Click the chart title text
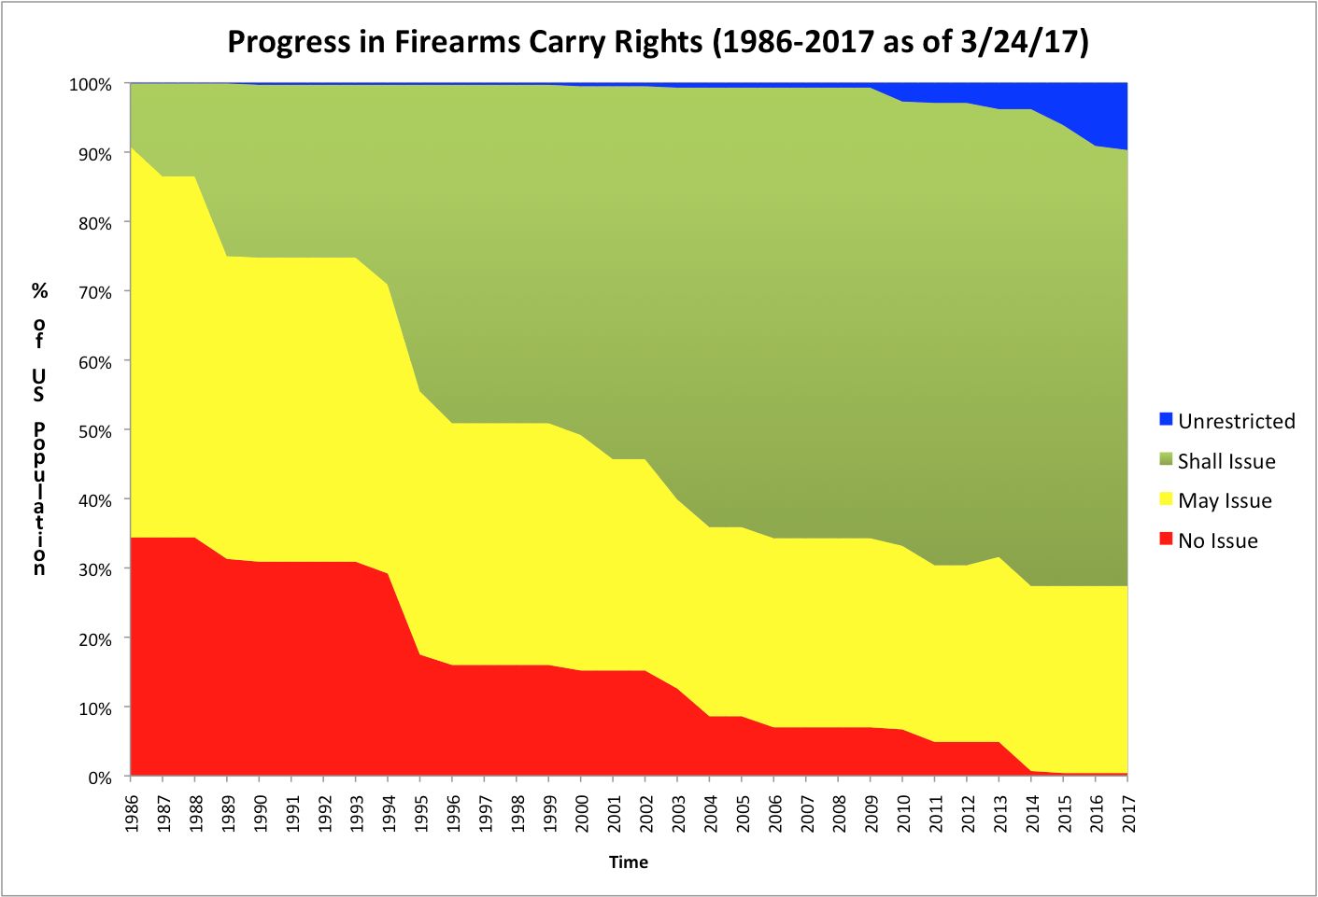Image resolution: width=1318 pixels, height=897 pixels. pyautogui.click(x=658, y=42)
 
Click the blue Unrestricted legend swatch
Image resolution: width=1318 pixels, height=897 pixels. pyautogui.click(x=1166, y=419)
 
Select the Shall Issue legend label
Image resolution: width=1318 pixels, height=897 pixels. pyautogui.click(x=1226, y=461)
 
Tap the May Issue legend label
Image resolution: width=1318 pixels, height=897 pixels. pyautogui.click(x=1224, y=500)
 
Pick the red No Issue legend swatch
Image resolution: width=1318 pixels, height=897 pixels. pyautogui.click(x=1166, y=539)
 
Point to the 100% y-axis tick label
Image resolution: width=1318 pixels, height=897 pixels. pyautogui.click(x=90, y=85)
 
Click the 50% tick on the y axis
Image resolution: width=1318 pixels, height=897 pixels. pyautogui.click(x=93, y=431)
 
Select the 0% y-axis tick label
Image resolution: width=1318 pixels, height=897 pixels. pyautogui.click(x=99, y=778)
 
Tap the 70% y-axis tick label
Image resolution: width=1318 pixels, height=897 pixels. pyautogui.click(x=93, y=292)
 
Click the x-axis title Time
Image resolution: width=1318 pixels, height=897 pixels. pyautogui.click(x=628, y=862)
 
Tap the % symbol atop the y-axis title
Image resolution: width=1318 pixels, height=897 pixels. pyautogui.click(x=39, y=290)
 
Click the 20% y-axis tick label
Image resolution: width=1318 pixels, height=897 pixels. pyautogui.click(x=93, y=639)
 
